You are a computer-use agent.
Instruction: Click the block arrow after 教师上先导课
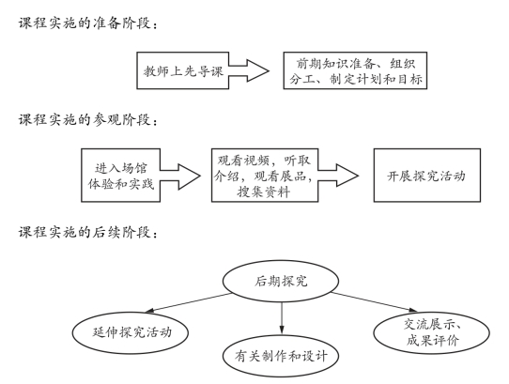pos(249,70)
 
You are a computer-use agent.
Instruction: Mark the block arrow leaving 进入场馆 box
pos(180,177)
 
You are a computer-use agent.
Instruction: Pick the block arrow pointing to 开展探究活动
pos(338,176)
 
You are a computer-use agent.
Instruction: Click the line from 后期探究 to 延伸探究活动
pos(189,303)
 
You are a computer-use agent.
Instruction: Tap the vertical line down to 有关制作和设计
pos(282,318)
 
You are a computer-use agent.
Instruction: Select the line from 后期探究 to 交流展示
pos(374,302)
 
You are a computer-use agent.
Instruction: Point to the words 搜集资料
pos(263,192)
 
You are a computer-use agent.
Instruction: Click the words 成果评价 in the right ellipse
pos(433,341)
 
